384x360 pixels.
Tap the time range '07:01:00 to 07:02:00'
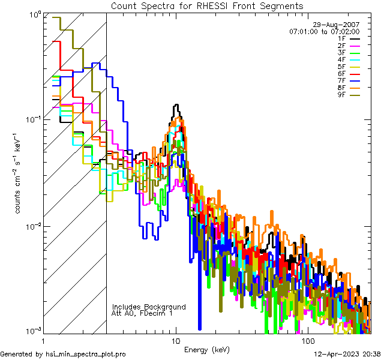(x=324, y=31)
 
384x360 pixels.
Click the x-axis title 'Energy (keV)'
(x=206, y=350)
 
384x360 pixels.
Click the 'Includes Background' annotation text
(x=149, y=307)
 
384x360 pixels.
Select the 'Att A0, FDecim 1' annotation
(x=142, y=314)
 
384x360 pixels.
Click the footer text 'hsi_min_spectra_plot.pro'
(x=86, y=355)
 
